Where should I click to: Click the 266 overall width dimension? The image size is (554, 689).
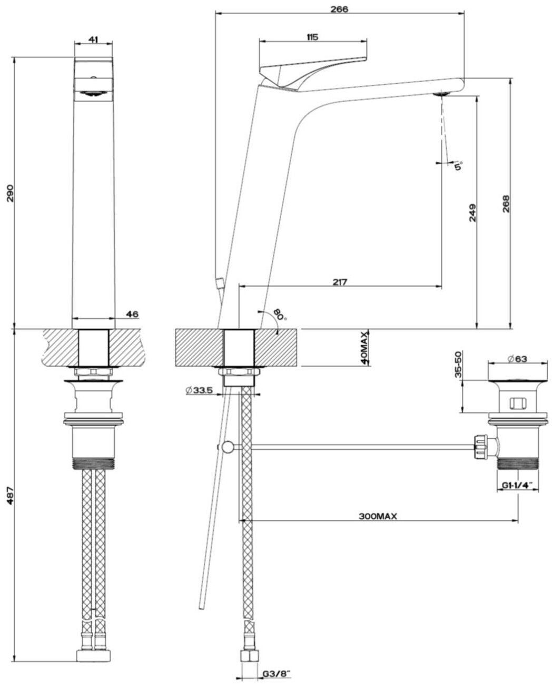coord(340,9)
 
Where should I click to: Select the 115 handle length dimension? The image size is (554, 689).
coord(312,36)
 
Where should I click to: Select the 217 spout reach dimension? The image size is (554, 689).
coord(340,282)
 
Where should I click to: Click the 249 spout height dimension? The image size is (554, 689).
coord(471,213)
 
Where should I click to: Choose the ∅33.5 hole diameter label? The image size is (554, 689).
coord(199,390)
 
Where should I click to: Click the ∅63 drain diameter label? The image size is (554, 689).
coord(518,359)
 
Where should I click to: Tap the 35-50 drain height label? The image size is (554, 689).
coord(458,365)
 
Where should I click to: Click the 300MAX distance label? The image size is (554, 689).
coord(378,516)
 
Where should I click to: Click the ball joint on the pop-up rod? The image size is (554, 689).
coord(227,447)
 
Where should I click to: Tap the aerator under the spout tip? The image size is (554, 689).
coord(441,93)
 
